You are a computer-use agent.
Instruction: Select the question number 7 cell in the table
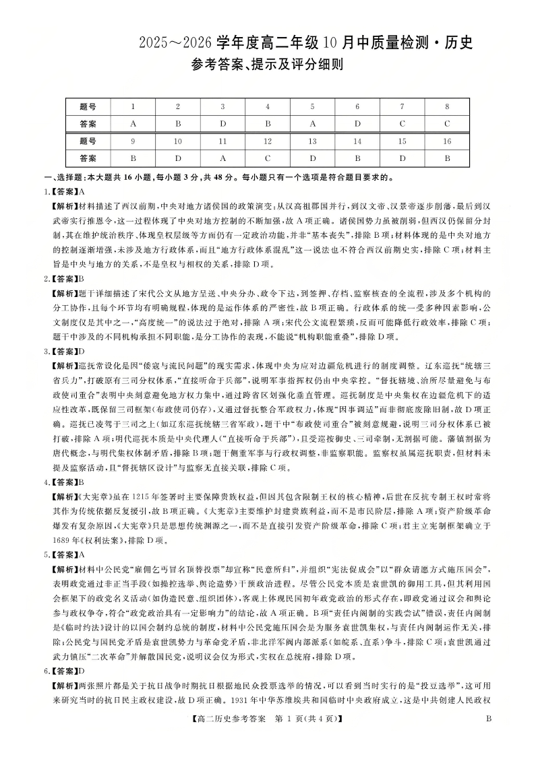(403, 106)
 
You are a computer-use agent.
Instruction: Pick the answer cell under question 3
(222, 124)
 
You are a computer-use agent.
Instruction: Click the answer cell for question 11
(222, 158)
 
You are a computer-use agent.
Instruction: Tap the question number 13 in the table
(312, 141)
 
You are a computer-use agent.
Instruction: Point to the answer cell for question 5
(312, 124)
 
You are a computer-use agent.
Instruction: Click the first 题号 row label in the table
(88, 106)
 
